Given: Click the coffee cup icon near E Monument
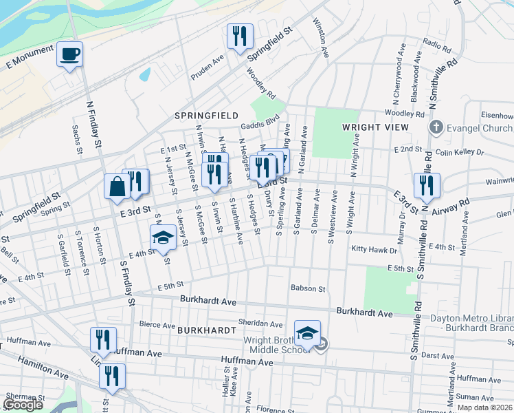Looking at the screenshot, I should click(70, 54).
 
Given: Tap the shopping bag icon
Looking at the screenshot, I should click(117, 185).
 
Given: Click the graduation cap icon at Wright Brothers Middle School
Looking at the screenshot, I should click(307, 332).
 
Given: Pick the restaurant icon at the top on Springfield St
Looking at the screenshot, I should click(240, 36).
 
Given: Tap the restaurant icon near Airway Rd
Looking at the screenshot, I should click(427, 184).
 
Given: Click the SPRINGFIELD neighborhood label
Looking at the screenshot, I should click(206, 116).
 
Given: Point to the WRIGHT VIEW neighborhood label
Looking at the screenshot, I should click(370, 127).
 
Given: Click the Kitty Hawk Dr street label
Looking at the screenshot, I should click(375, 248).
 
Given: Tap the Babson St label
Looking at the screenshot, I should click(307, 288).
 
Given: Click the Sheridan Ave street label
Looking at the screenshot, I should click(260, 324).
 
